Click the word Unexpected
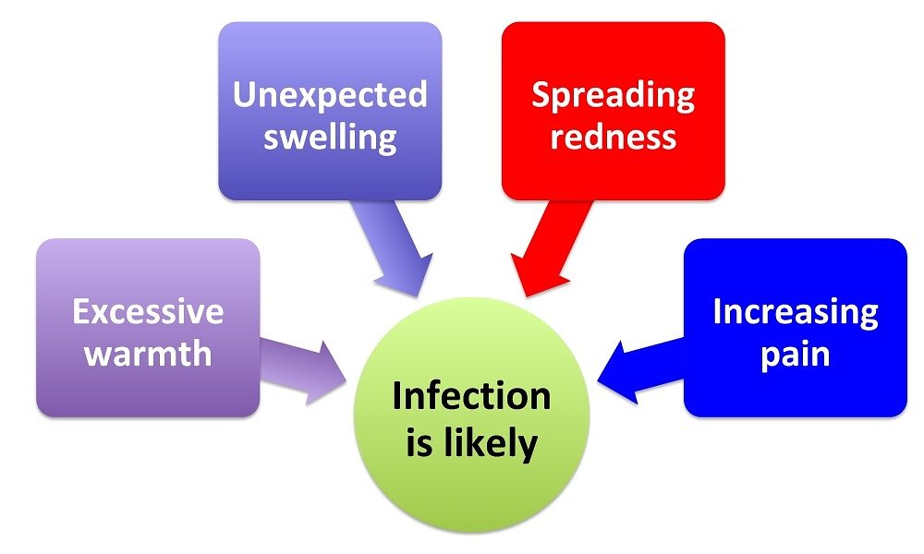330,94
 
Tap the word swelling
330,138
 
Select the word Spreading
613,94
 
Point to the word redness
613,137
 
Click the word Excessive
148,311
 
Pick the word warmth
148,355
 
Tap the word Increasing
795,312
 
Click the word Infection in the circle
471,396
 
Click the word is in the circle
419,444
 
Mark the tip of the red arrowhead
525,297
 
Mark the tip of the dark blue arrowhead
599,379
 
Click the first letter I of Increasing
717,311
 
